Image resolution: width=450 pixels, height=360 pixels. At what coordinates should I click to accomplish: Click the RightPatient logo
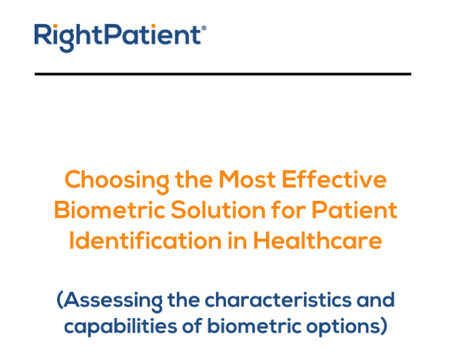click(x=120, y=38)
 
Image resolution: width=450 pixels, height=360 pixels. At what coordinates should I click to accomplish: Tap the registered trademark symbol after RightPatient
click(x=204, y=28)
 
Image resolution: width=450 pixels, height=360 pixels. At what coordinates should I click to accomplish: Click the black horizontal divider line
click(x=223, y=74)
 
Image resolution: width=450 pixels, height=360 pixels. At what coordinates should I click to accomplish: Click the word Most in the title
click(x=247, y=179)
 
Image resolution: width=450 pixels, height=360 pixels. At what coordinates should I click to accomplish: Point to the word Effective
click(x=334, y=179)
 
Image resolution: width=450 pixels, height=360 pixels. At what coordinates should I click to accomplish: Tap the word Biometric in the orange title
click(x=110, y=210)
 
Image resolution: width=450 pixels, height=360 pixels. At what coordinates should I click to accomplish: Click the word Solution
click(x=219, y=210)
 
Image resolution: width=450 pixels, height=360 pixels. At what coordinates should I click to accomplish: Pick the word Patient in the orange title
click(x=354, y=210)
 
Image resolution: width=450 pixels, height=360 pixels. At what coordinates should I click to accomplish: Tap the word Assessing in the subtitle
click(x=113, y=301)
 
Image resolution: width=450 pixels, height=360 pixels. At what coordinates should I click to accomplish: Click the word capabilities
click(x=120, y=327)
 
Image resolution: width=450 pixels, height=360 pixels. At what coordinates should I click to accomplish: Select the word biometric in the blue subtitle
click(x=255, y=326)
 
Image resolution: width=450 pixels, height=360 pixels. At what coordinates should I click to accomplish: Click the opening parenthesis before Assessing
click(x=60, y=300)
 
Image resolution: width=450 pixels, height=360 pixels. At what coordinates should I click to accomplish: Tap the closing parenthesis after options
click(x=384, y=326)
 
